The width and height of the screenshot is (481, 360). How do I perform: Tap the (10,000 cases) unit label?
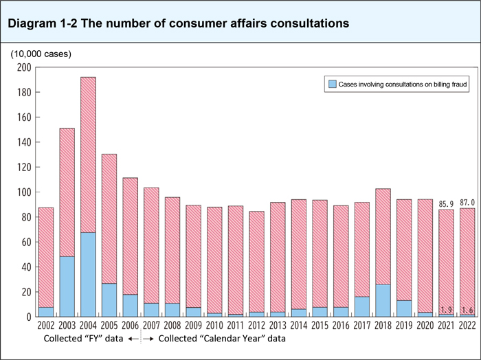40,54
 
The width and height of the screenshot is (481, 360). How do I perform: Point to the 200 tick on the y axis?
24,67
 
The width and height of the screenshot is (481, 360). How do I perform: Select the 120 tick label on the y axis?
24,168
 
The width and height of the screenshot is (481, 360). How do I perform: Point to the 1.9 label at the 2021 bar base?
447,311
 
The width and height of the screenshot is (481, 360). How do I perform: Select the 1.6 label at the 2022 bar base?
467,311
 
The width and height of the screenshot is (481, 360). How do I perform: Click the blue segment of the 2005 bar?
109,300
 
